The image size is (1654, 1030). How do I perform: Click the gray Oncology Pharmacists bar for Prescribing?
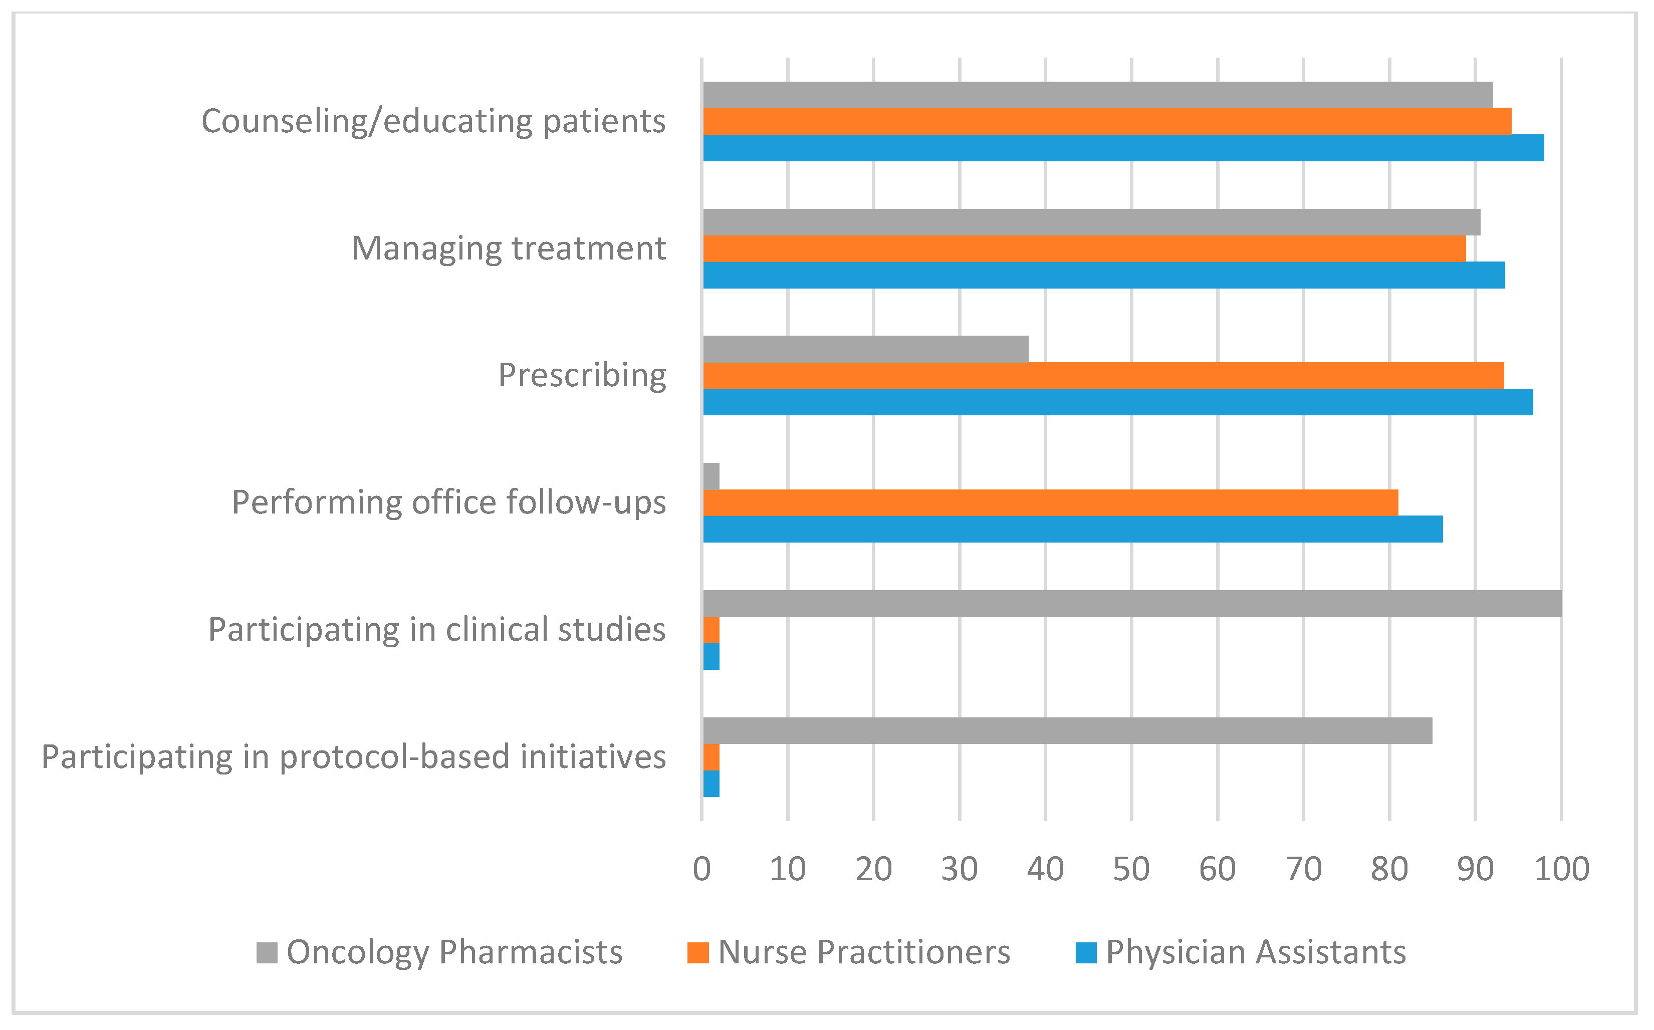(865, 349)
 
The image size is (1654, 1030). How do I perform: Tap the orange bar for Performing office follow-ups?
(1050, 503)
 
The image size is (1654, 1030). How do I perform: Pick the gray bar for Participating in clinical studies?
(1131, 604)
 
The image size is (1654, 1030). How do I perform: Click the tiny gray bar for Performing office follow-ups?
(711, 476)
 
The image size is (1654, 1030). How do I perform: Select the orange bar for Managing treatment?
(1084, 248)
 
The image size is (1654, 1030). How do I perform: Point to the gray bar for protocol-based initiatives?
(1067, 731)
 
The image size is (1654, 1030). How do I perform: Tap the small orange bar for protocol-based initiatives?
(711, 757)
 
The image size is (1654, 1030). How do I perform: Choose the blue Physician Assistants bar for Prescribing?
(1117, 402)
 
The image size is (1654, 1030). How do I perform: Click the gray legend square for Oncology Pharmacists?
(267, 953)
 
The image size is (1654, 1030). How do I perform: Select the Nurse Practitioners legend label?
(864, 952)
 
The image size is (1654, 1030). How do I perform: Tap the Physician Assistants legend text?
(1256, 952)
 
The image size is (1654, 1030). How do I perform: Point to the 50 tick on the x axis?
(1131, 869)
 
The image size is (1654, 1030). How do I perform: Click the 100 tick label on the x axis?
(1561, 869)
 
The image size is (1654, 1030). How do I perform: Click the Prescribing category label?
(582, 375)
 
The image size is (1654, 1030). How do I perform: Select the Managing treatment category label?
(508, 248)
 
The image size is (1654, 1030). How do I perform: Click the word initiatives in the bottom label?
(593, 757)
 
